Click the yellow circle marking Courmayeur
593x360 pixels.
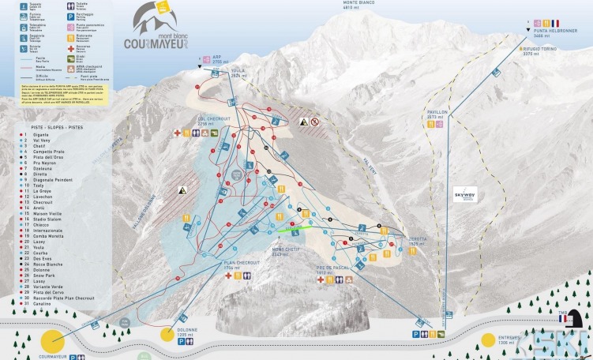coord(53,341)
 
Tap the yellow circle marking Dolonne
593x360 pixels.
coord(167,334)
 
